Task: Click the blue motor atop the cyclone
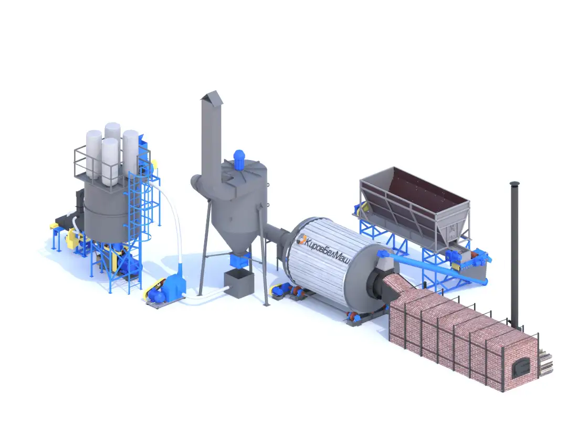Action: coord(238,160)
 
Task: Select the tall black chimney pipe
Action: coord(515,253)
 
